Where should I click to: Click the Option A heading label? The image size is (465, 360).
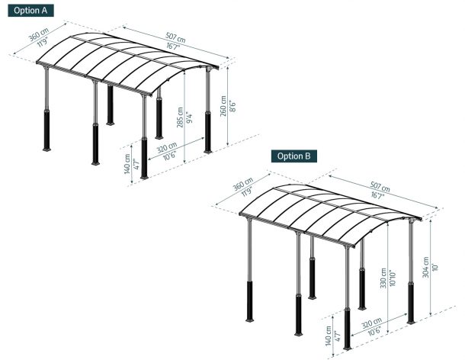(30, 11)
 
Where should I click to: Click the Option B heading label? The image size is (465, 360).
(294, 156)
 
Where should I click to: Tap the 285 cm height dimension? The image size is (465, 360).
(180, 117)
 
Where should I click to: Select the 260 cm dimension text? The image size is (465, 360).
(223, 106)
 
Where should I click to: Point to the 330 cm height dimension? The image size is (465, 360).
(383, 278)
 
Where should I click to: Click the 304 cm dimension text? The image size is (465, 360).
(426, 267)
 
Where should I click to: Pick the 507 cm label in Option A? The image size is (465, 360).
(175, 37)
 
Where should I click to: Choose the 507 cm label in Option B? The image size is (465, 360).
(380, 186)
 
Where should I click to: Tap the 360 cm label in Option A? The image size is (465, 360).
(39, 34)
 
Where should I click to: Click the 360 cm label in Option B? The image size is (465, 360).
(243, 184)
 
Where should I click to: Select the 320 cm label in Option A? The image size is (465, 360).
(167, 147)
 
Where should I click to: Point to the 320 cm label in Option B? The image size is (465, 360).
(371, 323)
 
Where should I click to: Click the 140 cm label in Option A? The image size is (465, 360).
(127, 164)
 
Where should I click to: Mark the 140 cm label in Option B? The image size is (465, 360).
(329, 336)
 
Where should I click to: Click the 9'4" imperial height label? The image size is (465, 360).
(188, 117)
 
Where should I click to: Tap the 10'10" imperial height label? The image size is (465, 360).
(393, 278)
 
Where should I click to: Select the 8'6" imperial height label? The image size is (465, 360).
(232, 106)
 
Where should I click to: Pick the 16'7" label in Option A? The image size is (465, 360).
(173, 47)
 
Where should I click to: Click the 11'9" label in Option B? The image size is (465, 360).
(246, 191)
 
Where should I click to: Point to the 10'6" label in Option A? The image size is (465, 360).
(170, 156)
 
